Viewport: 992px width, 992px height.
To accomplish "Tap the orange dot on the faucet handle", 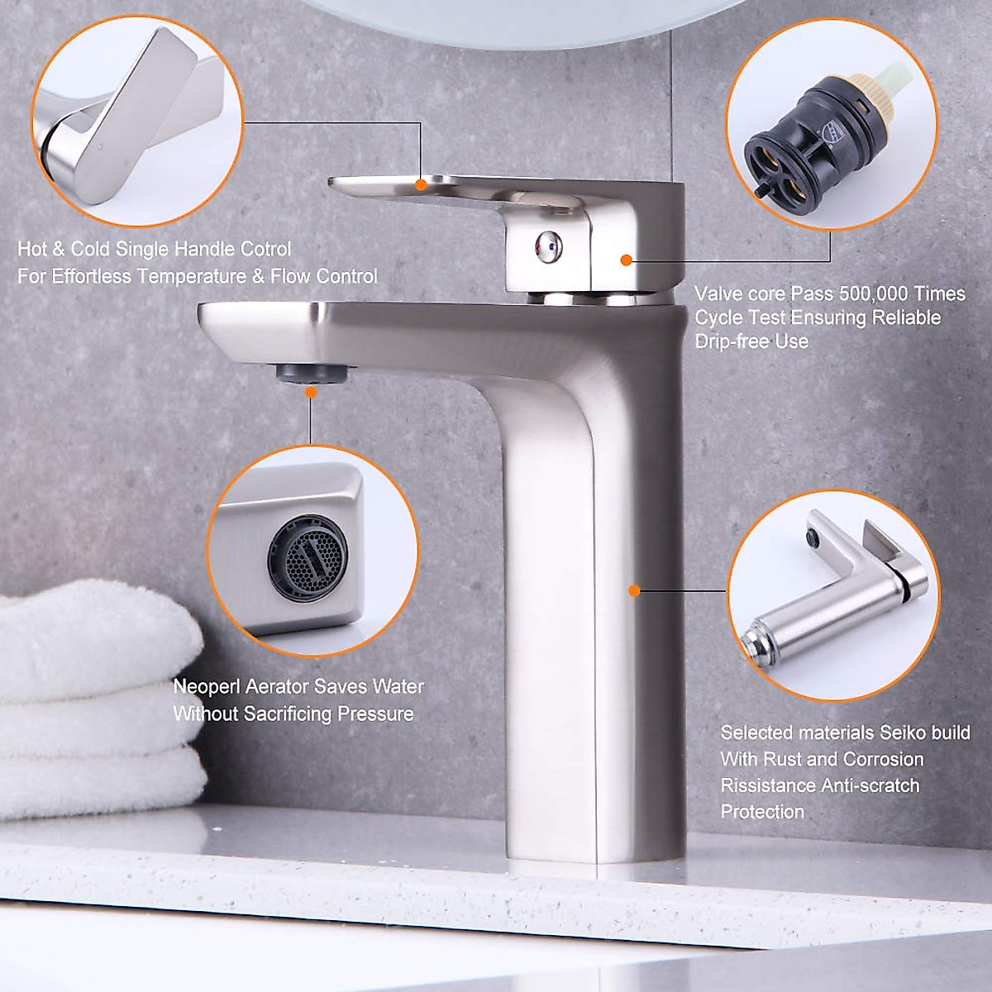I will (x=421, y=184).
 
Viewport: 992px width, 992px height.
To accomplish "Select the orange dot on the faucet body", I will (x=634, y=590).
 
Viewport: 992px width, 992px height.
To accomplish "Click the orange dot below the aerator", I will (x=311, y=393).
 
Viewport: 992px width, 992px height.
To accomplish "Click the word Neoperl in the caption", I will (x=207, y=686).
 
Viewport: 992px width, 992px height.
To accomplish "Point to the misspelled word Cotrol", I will (x=265, y=249).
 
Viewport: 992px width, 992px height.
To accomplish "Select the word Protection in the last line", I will (x=762, y=812).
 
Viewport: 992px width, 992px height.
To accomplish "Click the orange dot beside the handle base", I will (x=626, y=260).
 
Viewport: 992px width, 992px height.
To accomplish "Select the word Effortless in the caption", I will (x=93, y=276).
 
